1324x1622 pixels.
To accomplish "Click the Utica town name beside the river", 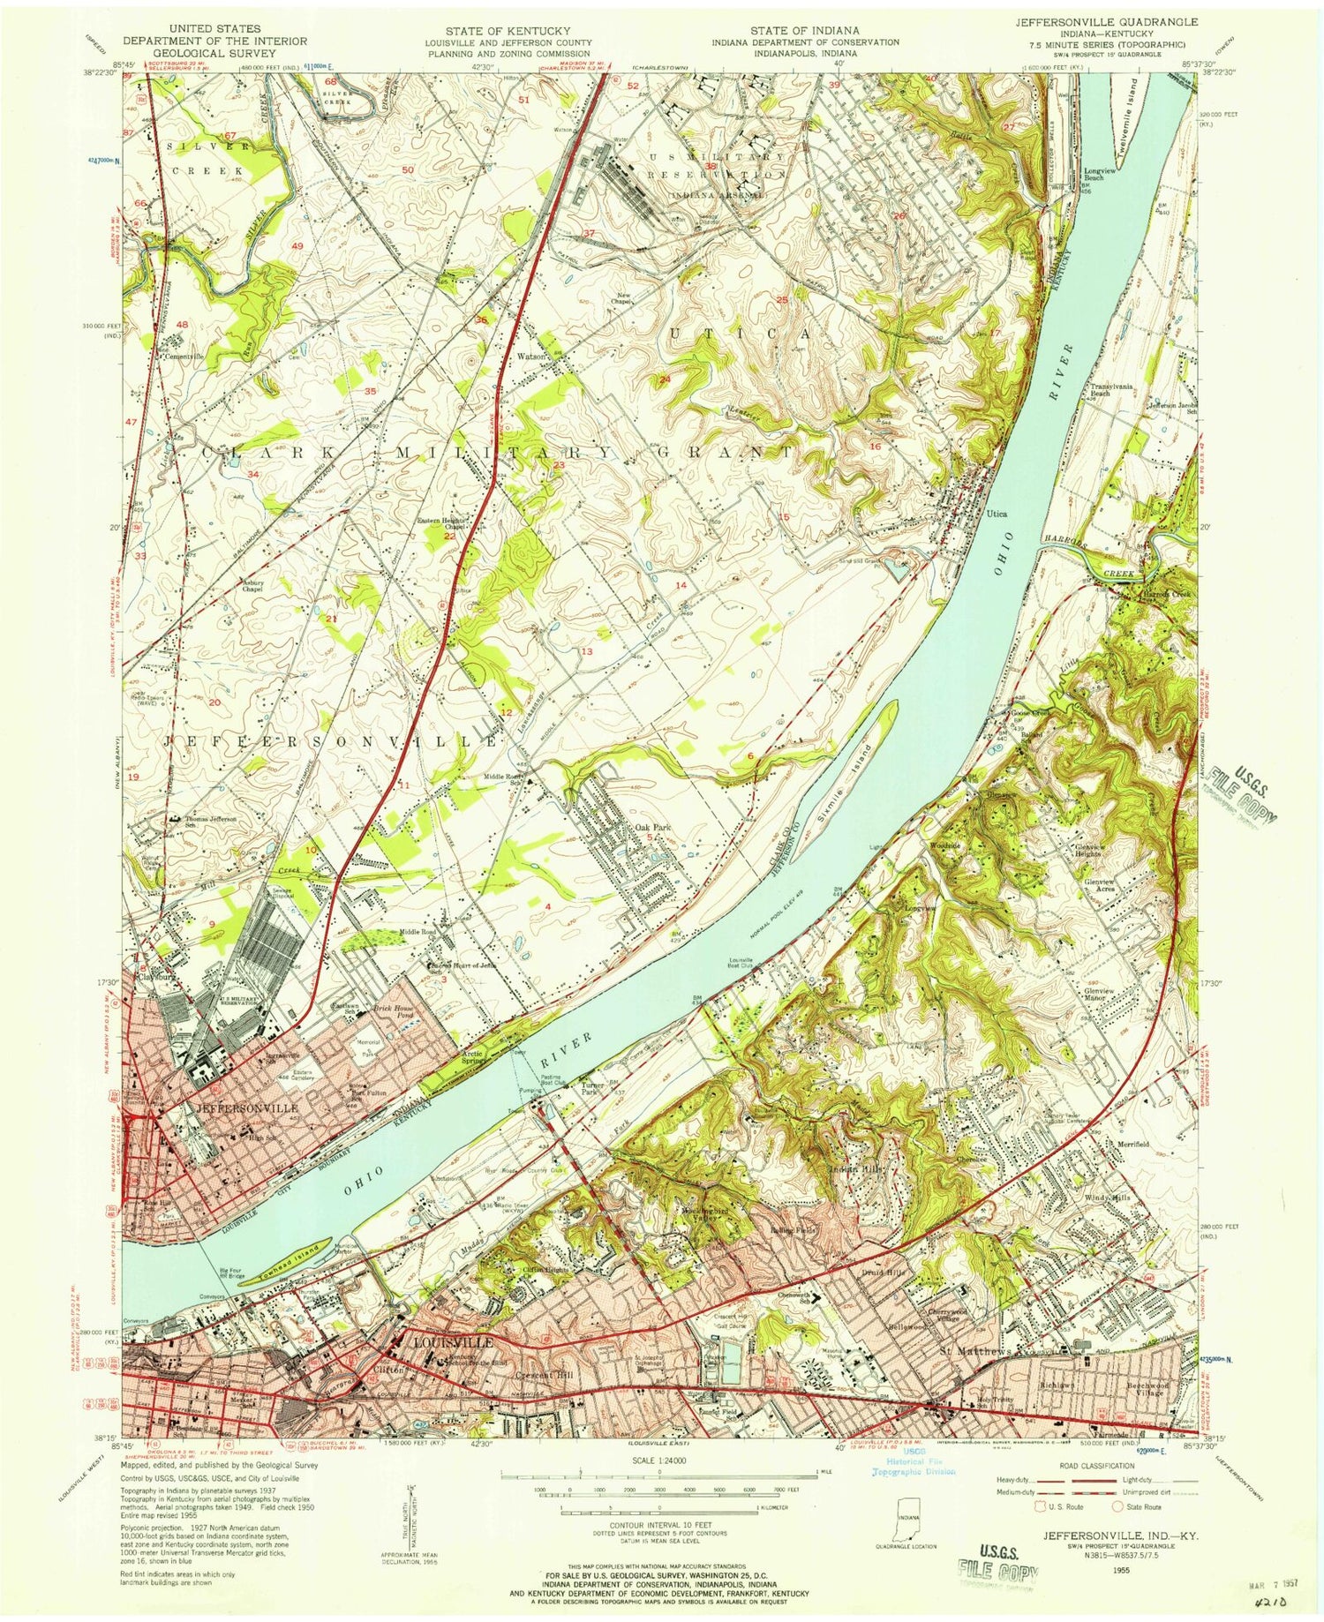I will click(996, 514).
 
